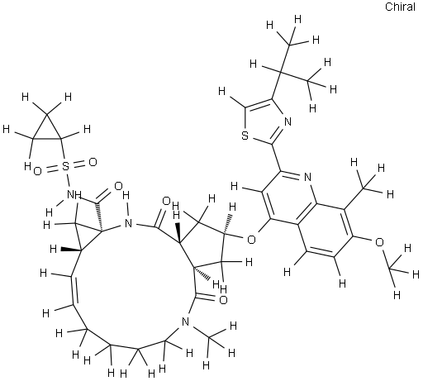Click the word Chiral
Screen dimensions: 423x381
point(400,7)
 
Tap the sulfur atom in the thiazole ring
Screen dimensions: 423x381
point(245,136)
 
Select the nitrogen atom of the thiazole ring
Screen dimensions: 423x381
point(288,121)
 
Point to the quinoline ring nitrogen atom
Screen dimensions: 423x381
point(307,177)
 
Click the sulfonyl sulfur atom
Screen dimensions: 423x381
point(65,166)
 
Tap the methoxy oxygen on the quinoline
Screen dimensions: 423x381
point(379,242)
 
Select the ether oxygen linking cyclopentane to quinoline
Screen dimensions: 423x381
point(251,240)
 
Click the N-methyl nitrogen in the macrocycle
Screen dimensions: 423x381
point(186,321)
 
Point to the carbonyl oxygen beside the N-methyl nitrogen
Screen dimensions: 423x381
point(223,300)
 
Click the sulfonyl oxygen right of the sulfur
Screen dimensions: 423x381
point(93,162)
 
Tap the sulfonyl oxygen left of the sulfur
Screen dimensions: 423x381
point(37,171)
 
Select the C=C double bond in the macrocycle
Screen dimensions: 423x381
point(73,290)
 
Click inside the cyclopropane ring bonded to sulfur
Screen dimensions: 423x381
point(47,131)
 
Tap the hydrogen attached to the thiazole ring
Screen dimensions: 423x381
point(222,90)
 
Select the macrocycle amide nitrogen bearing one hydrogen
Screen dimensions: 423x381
point(127,222)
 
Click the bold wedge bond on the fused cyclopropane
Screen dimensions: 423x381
point(71,250)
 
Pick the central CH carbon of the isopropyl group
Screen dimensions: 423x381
point(280,71)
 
